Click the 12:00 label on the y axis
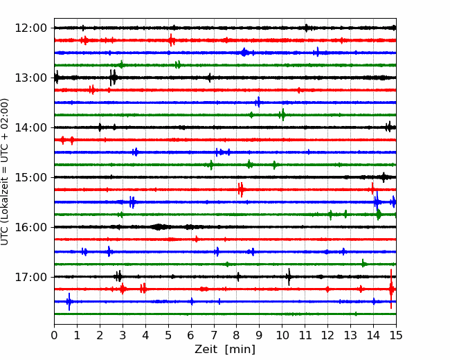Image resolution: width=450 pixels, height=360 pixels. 30,28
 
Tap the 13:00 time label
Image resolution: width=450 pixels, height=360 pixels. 30,78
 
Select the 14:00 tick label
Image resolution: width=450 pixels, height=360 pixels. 30,127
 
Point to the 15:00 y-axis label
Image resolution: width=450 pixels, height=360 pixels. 30,177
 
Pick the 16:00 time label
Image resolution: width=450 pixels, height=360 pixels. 30,227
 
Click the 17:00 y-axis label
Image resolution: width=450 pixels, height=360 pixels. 30,277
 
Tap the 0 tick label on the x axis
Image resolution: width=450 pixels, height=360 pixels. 54,335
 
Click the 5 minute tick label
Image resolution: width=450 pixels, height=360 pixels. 168,335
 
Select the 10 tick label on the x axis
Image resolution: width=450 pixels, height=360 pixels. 282,335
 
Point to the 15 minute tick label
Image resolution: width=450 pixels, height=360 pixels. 396,335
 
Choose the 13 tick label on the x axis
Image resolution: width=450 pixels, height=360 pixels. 350,335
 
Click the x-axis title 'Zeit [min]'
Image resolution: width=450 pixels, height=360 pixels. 225,350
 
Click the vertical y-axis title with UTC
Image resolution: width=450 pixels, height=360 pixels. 5,172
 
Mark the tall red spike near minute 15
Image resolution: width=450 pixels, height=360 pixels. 391,289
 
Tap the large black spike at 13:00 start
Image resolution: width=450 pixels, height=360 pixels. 57,78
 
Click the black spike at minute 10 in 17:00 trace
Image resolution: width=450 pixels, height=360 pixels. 289,277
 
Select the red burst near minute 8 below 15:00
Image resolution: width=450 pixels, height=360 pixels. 241,190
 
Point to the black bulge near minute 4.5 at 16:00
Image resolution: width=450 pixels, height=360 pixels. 159,227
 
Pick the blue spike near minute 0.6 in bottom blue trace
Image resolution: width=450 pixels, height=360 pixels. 69,301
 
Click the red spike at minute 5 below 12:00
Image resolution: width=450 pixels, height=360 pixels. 171,40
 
